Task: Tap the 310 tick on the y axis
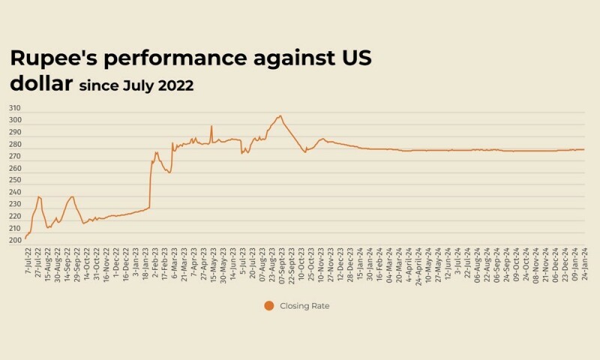pos(14,108)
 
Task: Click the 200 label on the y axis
pos(14,240)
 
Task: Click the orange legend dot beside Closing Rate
pos(268,305)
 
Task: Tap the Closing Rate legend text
pos(304,305)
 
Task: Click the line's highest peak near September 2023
pos(280,115)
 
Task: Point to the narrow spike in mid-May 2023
pos(211,125)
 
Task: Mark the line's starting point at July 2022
pos(25,238)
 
